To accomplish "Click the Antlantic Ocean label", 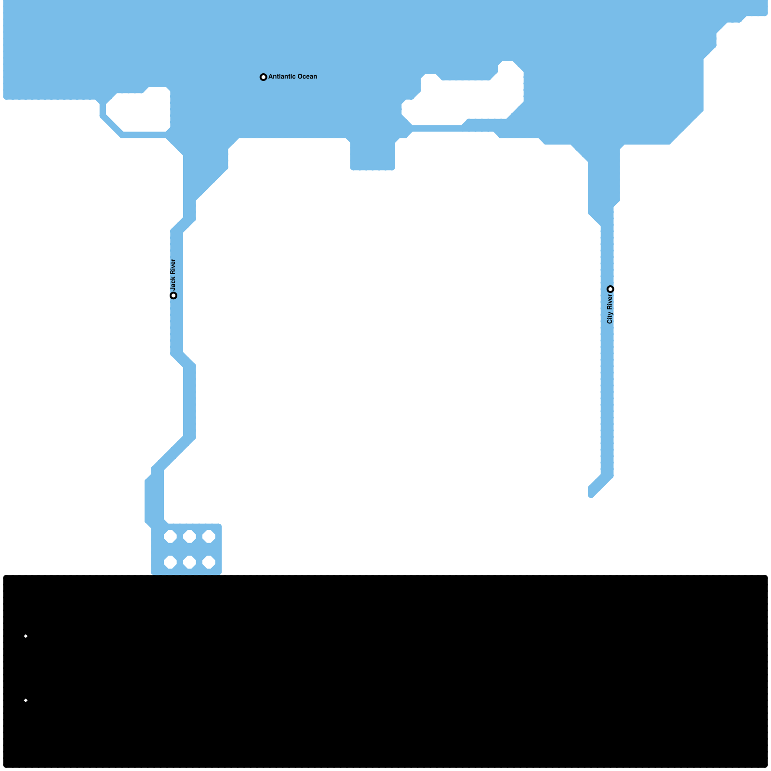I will coord(292,77).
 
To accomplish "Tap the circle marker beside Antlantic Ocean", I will coord(263,77).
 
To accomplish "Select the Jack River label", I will coord(173,275).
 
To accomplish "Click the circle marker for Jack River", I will coord(173,295).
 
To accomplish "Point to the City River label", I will coord(610,309).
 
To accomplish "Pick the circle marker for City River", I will coord(610,289).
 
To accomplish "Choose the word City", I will coord(610,318).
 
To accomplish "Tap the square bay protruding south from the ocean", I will coord(372,154).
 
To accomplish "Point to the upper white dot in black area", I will coord(26,636).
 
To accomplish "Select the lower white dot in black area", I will coord(26,700).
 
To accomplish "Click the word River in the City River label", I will coord(610,303).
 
